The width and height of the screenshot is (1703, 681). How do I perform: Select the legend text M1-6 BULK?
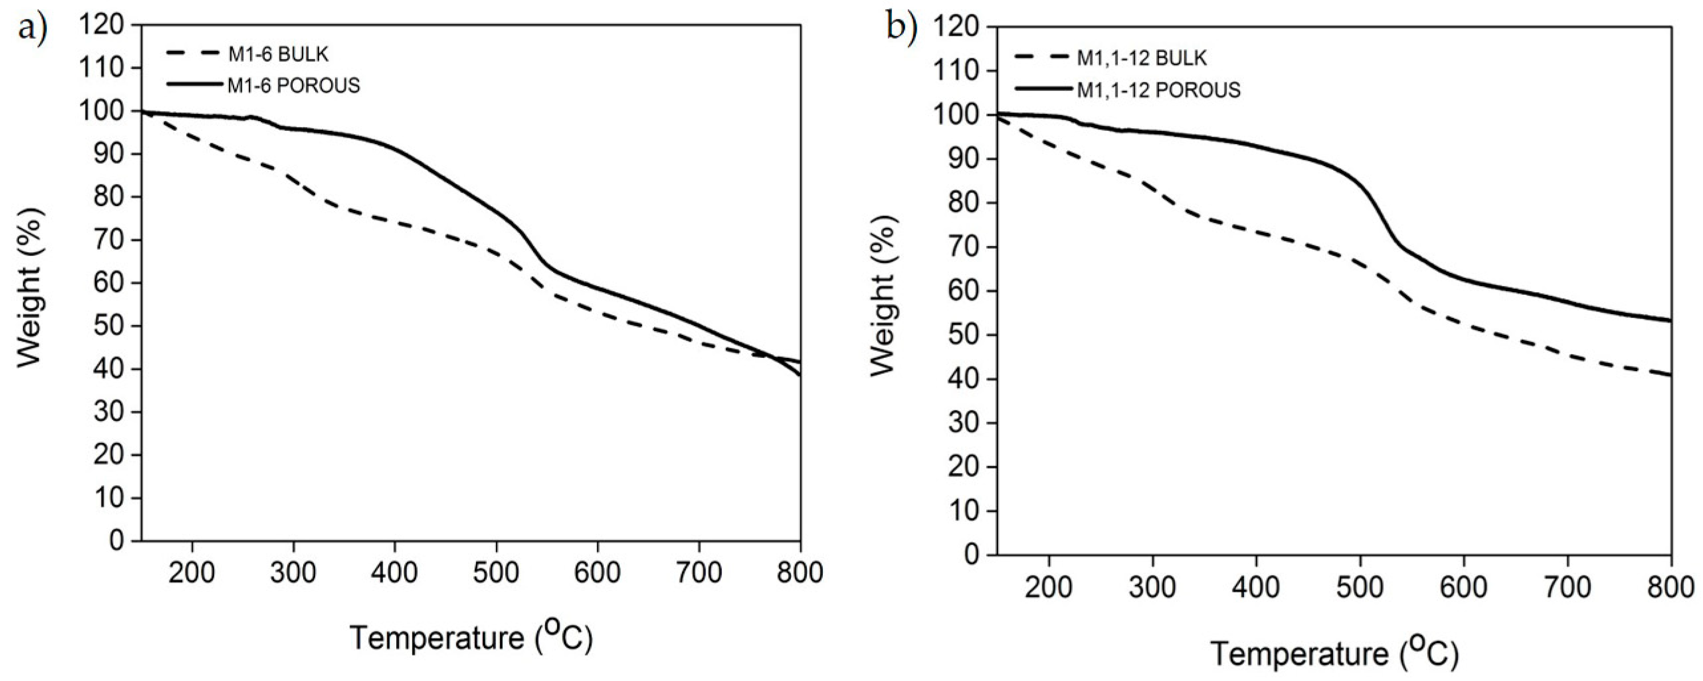click(x=278, y=54)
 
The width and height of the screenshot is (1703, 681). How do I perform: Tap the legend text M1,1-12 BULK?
click(x=1142, y=58)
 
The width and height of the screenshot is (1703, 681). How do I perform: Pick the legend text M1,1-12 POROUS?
click(x=1158, y=89)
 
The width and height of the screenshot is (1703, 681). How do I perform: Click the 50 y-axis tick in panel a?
click(x=108, y=326)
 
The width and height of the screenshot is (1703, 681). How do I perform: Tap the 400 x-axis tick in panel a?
click(x=394, y=572)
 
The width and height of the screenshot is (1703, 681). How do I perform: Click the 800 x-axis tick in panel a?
click(x=800, y=572)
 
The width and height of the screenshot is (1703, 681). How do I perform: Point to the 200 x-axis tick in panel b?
click(x=1049, y=587)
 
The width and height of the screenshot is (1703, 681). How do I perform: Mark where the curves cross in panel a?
click(x=772, y=357)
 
